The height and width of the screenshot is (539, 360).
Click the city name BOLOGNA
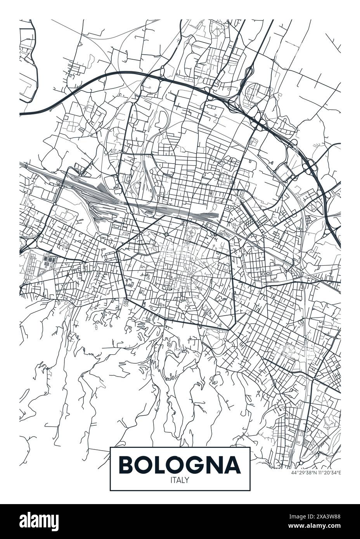[180, 465]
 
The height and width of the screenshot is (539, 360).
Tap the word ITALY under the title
[180, 480]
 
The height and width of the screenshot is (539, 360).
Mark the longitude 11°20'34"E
[329, 473]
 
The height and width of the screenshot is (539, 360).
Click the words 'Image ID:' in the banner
[302, 517]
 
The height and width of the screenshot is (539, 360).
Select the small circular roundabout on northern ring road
[166, 234]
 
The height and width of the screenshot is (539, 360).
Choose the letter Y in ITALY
[187, 480]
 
